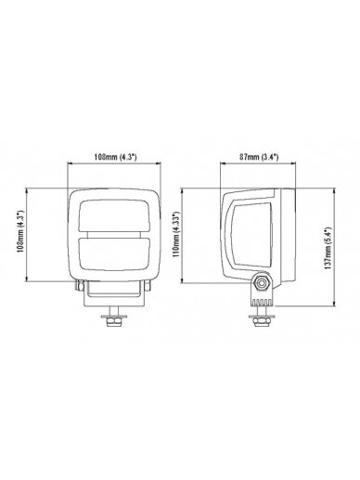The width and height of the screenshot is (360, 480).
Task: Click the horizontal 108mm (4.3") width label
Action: click(115, 157)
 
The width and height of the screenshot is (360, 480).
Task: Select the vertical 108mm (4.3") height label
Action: click(20, 231)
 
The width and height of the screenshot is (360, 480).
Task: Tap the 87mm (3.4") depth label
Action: click(259, 157)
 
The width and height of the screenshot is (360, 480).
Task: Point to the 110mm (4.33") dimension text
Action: click(176, 235)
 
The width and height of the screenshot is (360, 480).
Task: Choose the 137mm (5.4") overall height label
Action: click(328, 248)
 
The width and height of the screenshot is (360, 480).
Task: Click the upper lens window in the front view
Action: click(114, 215)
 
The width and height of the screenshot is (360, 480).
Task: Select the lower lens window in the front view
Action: click(114, 253)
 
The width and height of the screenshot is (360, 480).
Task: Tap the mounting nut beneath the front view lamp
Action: click(114, 322)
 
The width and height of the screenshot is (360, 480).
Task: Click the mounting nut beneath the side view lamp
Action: click(262, 322)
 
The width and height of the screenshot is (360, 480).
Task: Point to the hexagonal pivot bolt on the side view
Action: click(262, 282)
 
